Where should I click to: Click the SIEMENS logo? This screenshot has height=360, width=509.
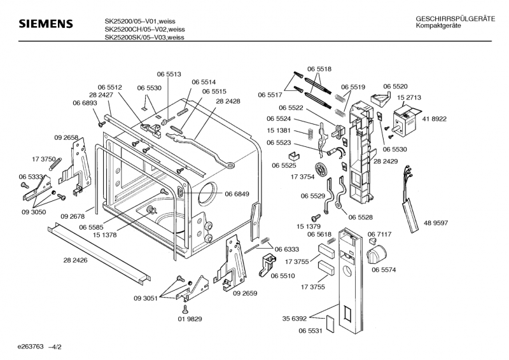click(45, 25)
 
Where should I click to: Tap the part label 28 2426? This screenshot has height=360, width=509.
click(76, 261)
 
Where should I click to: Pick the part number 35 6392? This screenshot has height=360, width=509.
click(295, 318)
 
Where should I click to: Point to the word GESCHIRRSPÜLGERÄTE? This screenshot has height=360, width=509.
click(455, 19)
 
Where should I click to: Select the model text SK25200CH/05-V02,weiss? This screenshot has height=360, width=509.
click(144, 29)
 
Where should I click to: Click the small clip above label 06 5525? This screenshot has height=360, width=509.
click(294, 155)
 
